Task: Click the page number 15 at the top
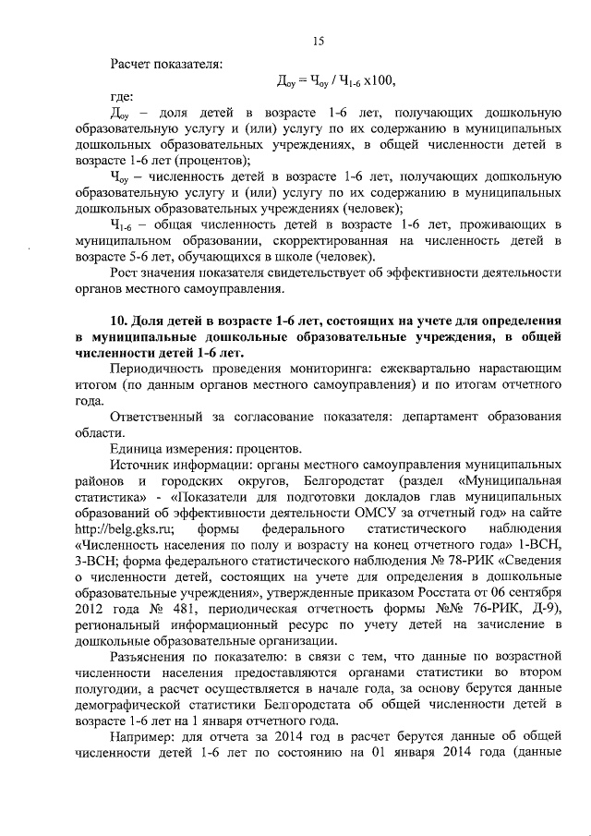(318, 40)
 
